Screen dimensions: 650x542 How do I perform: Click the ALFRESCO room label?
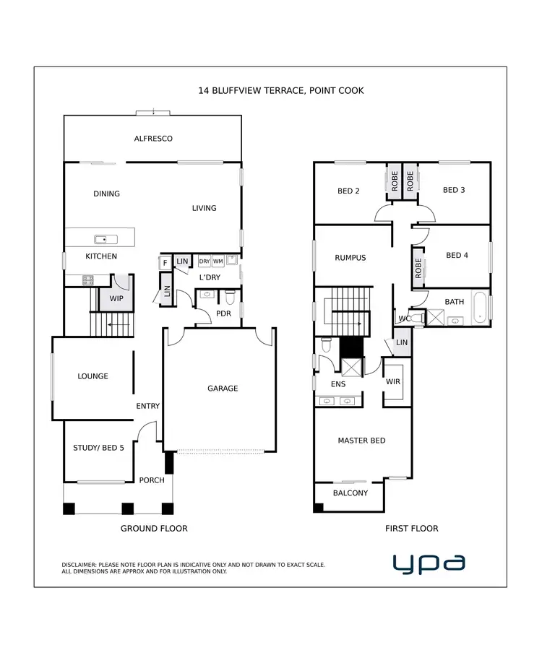pyautogui.click(x=153, y=139)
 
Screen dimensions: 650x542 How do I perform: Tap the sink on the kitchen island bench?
pyautogui.click(x=100, y=239)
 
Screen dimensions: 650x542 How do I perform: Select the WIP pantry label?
pyautogui.click(x=116, y=298)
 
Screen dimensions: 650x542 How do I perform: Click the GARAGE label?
pyautogui.click(x=223, y=389)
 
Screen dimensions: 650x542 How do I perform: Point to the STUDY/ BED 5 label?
pyautogui.click(x=98, y=448)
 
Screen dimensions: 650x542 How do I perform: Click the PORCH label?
pyautogui.click(x=152, y=480)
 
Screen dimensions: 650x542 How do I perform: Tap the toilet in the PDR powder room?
pyautogui.click(x=230, y=296)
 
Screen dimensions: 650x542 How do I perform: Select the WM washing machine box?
pyautogui.click(x=218, y=261)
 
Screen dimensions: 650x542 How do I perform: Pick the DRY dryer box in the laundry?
pyautogui.click(x=205, y=261)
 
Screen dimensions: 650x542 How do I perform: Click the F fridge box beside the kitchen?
pyautogui.click(x=165, y=263)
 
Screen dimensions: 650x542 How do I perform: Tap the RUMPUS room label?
pyautogui.click(x=350, y=258)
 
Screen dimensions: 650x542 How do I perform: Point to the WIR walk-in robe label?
pyautogui.click(x=393, y=381)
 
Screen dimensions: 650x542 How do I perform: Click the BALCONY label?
pyautogui.click(x=350, y=493)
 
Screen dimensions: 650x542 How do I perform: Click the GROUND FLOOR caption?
pyautogui.click(x=154, y=529)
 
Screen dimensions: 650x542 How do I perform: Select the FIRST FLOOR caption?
pyautogui.click(x=411, y=529)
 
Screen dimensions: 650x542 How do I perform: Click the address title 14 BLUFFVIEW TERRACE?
pyautogui.click(x=281, y=91)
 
